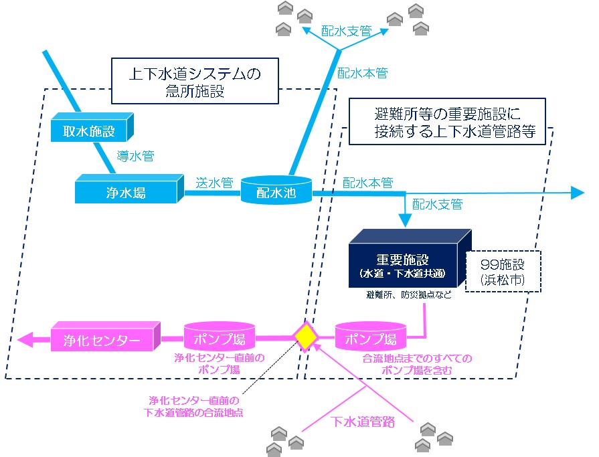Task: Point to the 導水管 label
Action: (x=136, y=157)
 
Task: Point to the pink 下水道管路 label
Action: (x=363, y=422)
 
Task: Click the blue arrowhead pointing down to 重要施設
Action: (x=405, y=220)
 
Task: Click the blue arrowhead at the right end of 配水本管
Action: (x=577, y=193)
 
